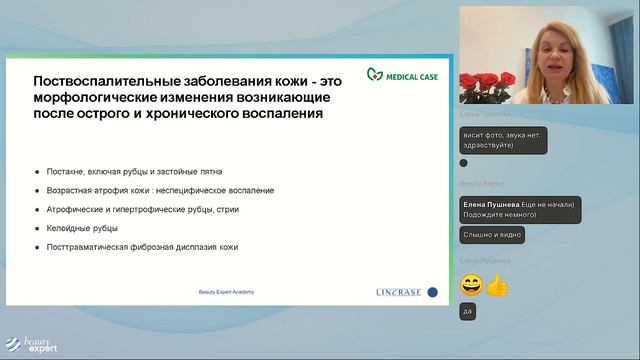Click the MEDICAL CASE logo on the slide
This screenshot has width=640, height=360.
pyautogui.click(x=402, y=74)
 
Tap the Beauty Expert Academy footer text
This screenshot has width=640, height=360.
pyautogui.click(x=227, y=292)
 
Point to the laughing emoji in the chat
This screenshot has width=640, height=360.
pyautogui.click(x=471, y=285)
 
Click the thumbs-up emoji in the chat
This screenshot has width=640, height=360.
pyautogui.click(x=497, y=285)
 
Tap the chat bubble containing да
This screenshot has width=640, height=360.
pyautogui.click(x=467, y=312)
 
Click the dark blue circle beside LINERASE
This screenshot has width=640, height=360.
pyautogui.click(x=432, y=292)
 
